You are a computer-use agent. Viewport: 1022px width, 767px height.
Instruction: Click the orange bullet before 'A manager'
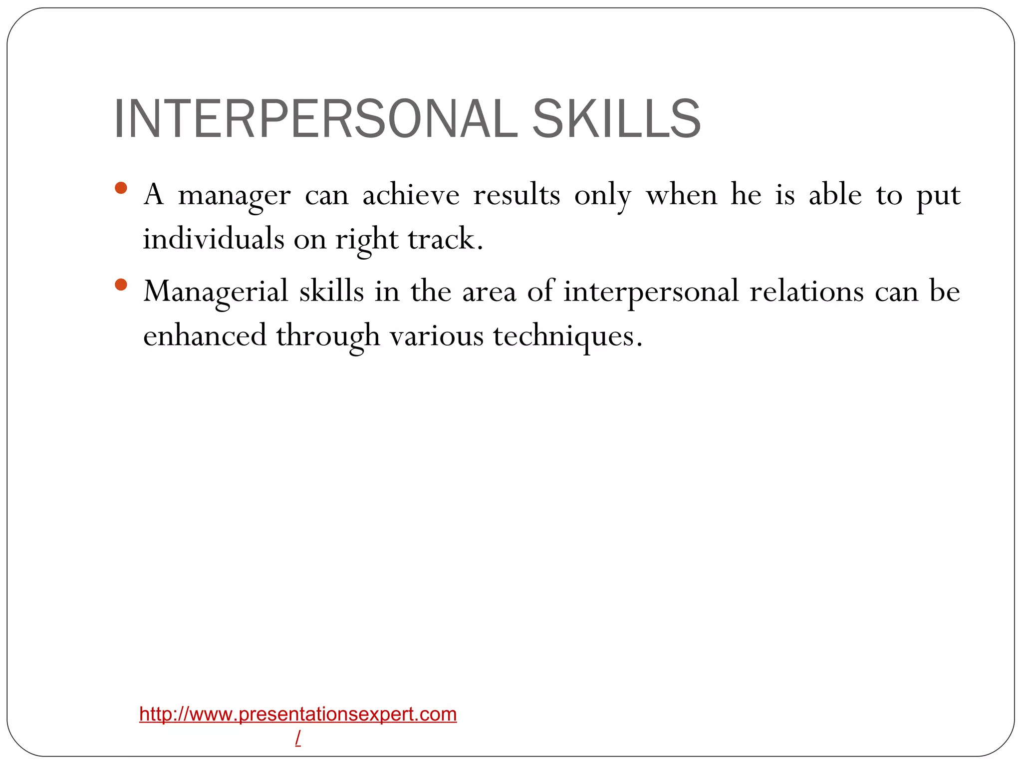tap(121, 188)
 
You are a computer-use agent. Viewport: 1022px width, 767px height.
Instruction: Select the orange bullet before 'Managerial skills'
tap(121, 285)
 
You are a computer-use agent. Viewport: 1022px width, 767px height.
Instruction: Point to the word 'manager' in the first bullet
tap(234, 195)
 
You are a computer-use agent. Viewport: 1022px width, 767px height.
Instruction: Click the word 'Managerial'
tap(216, 292)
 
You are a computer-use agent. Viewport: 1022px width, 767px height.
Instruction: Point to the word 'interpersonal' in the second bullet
tap(651, 292)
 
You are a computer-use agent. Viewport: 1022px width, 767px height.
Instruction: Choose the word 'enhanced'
tap(205, 335)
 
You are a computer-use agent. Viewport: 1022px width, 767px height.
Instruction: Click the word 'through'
tap(328, 336)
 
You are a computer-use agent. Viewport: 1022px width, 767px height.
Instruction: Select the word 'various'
tap(437, 336)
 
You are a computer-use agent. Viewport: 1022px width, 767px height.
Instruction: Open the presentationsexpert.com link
tap(298, 714)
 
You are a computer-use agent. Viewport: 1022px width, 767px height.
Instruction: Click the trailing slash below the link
tap(298, 737)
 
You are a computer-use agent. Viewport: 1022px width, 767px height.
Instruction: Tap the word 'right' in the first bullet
tap(367, 240)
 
